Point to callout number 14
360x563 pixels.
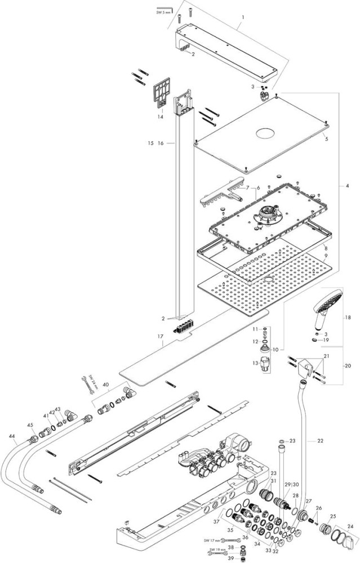[x=160, y=117]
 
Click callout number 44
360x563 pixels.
[x=11, y=436]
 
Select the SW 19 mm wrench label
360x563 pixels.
[x=213, y=549]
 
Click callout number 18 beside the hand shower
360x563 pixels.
[x=348, y=318]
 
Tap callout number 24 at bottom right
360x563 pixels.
[x=352, y=526]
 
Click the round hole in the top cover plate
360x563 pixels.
[x=264, y=135]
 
